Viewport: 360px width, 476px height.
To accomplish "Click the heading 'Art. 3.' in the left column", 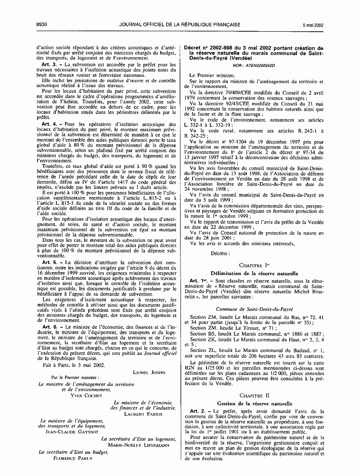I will click(51, 64).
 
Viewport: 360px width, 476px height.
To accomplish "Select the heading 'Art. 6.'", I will click(51, 313).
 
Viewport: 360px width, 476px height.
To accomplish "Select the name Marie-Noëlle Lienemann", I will click(137, 445).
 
